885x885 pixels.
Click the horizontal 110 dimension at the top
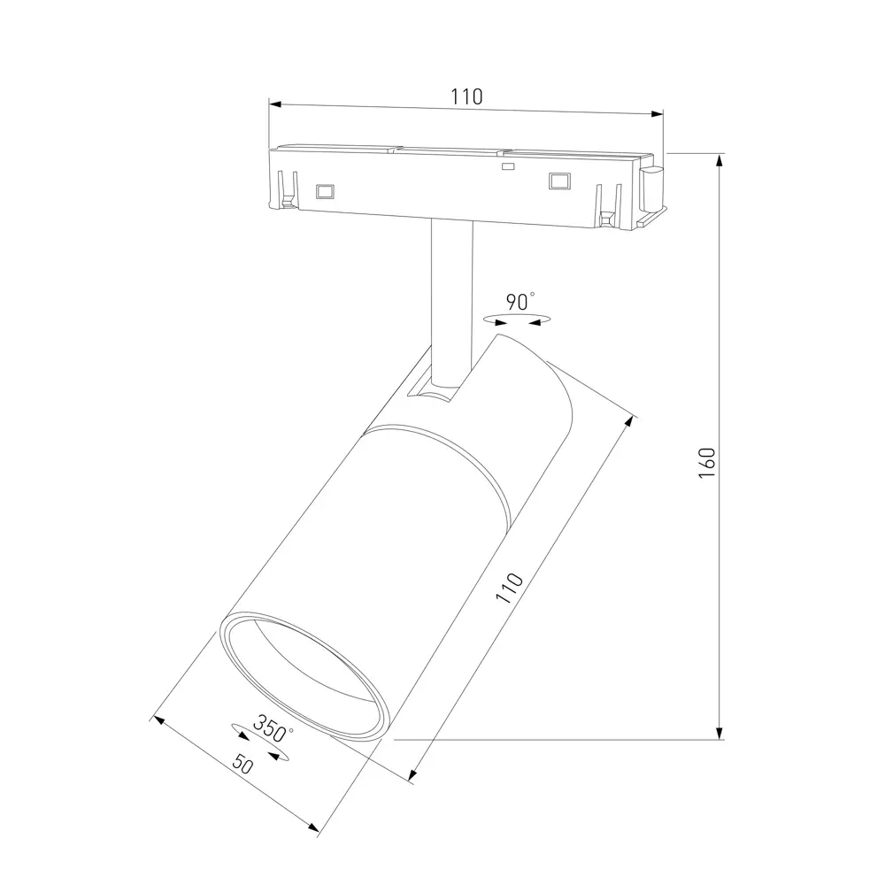pos(466,96)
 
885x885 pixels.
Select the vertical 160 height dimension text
pos(705,462)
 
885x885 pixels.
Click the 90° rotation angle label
pos(520,302)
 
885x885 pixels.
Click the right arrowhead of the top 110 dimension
pos(658,112)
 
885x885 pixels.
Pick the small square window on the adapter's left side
pos(324,190)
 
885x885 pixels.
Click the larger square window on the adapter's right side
pos(558,180)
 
